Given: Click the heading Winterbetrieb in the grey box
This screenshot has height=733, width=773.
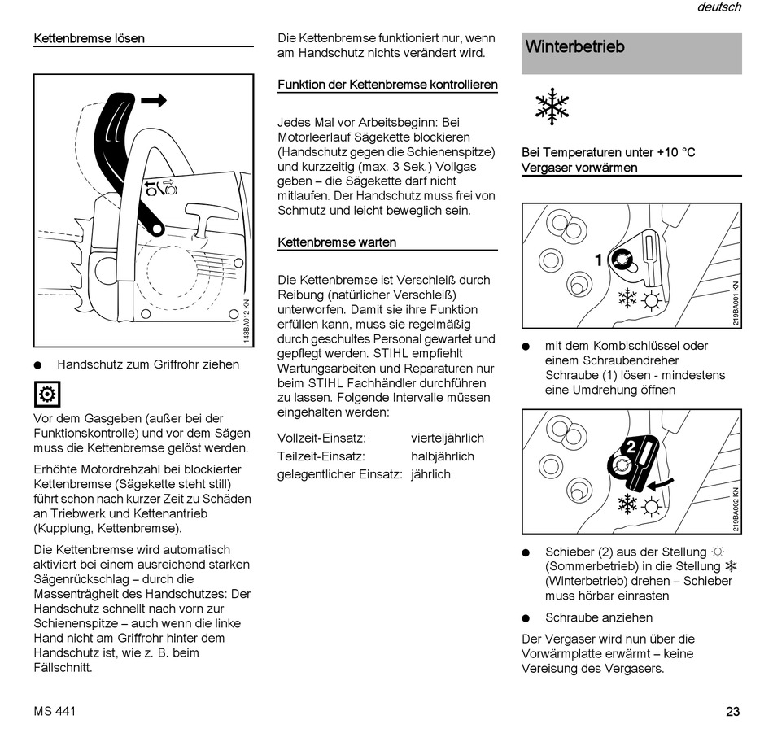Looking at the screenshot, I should click(x=575, y=47).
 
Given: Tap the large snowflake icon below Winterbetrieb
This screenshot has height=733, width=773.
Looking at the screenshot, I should click(x=552, y=107).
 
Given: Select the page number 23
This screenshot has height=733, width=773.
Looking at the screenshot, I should click(x=732, y=712).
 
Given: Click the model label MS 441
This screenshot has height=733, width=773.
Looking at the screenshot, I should click(x=55, y=712).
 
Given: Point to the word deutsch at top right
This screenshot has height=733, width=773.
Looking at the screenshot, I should click(x=718, y=7).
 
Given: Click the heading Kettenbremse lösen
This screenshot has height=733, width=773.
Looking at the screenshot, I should click(x=89, y=38).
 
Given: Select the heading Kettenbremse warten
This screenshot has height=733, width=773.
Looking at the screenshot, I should click(x=337, y=242).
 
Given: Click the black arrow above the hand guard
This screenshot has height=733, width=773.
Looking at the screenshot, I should click(x=153, y=101).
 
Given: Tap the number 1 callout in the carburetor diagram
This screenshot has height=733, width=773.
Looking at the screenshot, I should click(x=599, y=260).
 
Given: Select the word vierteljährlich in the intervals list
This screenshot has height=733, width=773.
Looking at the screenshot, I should click(x=448, y=438).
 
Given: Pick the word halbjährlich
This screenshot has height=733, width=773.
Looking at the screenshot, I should click(x=442, y=456).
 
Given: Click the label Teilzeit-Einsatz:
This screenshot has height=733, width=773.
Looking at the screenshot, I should click(x=321, y=456).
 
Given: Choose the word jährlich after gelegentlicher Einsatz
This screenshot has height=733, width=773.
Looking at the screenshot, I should click(x=430, y=474).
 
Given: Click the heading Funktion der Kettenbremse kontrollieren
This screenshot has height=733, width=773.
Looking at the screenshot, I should click(x=387, y=85).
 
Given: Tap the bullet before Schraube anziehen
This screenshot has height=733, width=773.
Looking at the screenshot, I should click(x=526, y=618).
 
